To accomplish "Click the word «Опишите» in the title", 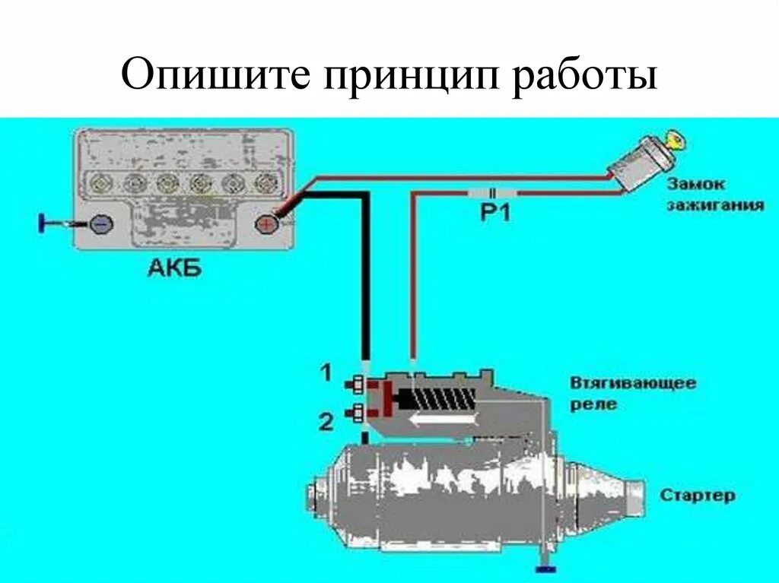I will point(216,77).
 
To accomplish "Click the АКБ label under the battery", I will point(176,268).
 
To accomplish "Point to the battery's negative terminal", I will point(101,223).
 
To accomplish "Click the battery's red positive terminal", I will point(265,224).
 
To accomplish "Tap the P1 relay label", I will point(495,214).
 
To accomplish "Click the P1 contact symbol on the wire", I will point(494,193).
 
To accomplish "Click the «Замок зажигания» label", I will point(715,195).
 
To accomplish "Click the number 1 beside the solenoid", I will point(326,372).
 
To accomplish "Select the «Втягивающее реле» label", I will point(633,393).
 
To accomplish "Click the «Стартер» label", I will point(698,496).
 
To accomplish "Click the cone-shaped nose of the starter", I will point(615,495).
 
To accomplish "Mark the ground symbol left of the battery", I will point(45,223).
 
